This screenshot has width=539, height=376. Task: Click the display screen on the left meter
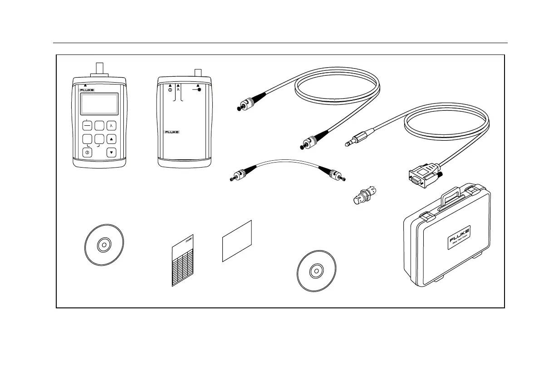(x=99, y=104)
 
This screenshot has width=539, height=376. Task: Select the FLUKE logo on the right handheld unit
(x=171, y=132)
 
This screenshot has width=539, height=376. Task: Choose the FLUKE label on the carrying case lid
(x=458, y=236)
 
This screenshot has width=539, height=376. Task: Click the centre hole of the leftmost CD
(x=104, y=245)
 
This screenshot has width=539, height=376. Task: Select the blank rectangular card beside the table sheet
(x=237, y=241)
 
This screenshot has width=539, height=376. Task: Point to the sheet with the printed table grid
(x=182, y=263)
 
